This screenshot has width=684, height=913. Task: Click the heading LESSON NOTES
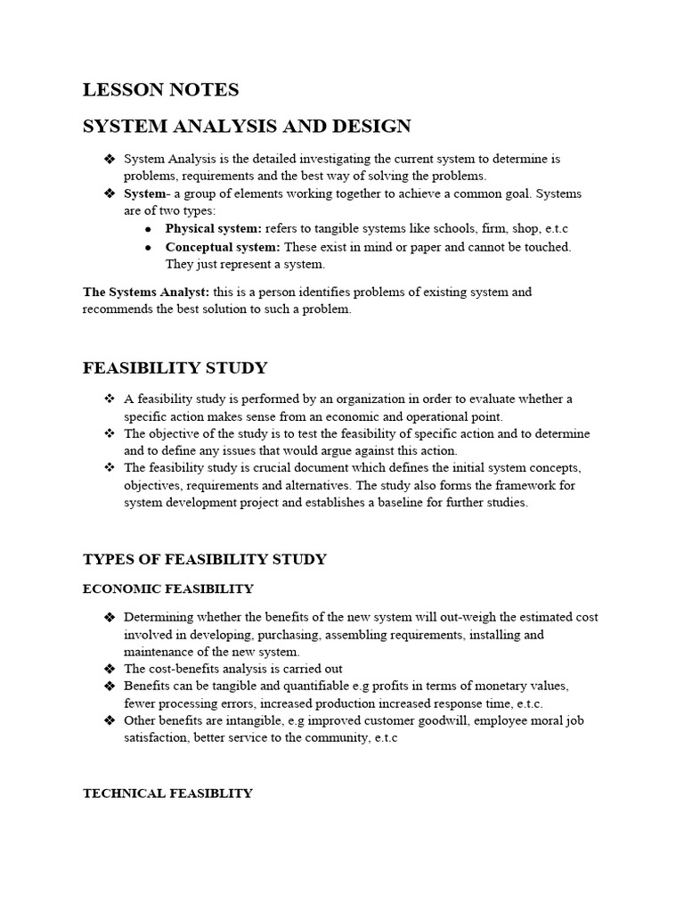[x=160, y=89]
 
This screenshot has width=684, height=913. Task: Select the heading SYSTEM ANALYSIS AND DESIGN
[x=247, y=126]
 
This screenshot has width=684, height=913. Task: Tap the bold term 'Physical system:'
[x=214, y=229]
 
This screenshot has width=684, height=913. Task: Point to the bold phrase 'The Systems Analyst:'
[x=146, y=292]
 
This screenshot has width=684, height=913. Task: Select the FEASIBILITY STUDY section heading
[x=175, y=368]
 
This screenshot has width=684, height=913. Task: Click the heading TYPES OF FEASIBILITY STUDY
[x=204, y=560]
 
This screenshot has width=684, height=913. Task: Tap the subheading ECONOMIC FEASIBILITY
[x=167, y=589]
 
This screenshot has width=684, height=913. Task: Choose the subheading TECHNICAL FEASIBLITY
[x=167, y=793]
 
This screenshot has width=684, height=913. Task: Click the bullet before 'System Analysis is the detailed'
[x=110, y=160]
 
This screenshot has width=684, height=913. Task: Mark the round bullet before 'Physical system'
[x=148, y=230]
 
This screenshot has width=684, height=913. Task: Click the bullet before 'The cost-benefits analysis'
[x=110, y=669]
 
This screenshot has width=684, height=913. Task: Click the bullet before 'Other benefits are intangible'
[x=110, y=720]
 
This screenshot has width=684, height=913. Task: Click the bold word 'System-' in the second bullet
[x=145, y=193]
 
